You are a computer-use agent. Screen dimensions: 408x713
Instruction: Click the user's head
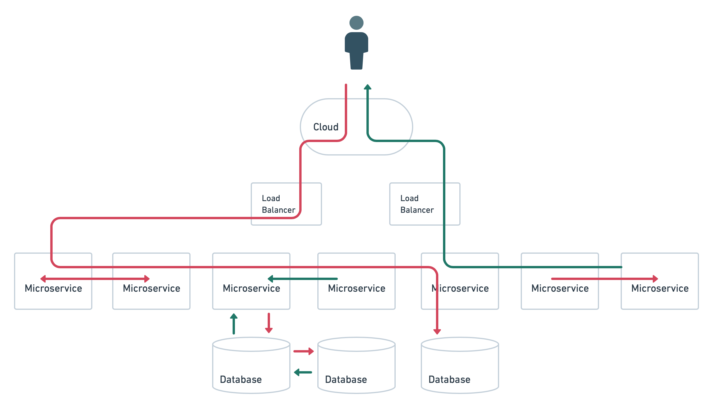(x=356, y=23)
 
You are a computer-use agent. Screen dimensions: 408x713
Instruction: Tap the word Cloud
(x=326, y=127)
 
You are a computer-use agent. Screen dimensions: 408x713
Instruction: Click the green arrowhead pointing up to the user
(x=368, y=87)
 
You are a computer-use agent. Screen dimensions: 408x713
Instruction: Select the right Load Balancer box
(x=424, y=204)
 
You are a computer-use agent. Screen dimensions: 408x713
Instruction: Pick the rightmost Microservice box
(x=660, y=295)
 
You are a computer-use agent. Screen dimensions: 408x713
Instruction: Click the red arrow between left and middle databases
(x=304, y=351)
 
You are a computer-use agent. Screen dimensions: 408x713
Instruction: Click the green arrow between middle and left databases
(x=303, y=372)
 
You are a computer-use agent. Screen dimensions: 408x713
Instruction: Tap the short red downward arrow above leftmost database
(x=269, y=323)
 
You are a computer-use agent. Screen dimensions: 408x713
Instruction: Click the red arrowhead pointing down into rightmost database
(x=437, y=331)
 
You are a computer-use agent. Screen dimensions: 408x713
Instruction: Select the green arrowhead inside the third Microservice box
(x=271, y=279)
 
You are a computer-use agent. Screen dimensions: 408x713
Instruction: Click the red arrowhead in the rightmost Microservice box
(x=655, y=279)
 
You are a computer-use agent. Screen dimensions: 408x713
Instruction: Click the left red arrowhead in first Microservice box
(x=43, y=279)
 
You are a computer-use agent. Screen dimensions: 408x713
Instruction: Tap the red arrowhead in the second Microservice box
(x=147, y=279)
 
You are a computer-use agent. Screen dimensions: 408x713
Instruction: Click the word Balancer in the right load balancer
(x=417, y=210)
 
